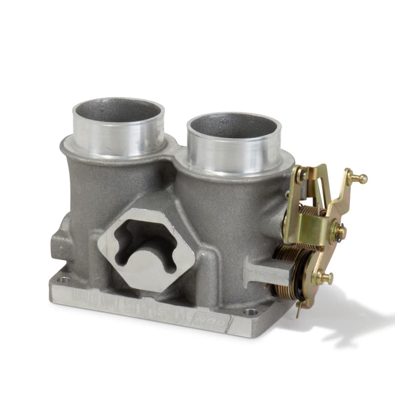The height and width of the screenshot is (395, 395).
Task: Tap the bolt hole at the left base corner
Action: click(63, 280)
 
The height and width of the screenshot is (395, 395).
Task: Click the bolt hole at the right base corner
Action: click(251, 312)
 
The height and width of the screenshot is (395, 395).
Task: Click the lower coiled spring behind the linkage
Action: click(291, 272)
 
